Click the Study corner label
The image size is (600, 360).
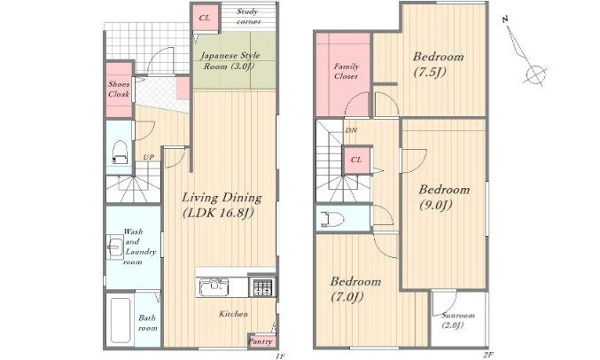coord(249,17)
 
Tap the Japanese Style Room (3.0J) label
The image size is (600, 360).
coord(230,61)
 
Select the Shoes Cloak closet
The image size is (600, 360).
coord(119,90)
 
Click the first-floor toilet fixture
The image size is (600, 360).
coord(120,152)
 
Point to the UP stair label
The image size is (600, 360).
coord(149,157)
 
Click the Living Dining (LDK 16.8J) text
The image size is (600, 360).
coord(222,205)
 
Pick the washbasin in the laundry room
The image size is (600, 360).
coord(115,247)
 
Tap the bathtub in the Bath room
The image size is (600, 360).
coord(121,321)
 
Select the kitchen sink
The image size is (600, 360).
coord(213,287)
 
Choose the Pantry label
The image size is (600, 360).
coord(261,341)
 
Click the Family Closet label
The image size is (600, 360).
coord(346,71)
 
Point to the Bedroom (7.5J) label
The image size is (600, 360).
coord(438,64)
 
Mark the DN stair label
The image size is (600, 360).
coord(351,130)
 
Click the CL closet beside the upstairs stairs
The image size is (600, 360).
coord(356,160)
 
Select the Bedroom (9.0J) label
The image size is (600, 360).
coord(444,197)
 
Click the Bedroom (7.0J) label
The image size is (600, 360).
coord(355,289)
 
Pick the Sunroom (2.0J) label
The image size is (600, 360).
coord(457,320)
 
